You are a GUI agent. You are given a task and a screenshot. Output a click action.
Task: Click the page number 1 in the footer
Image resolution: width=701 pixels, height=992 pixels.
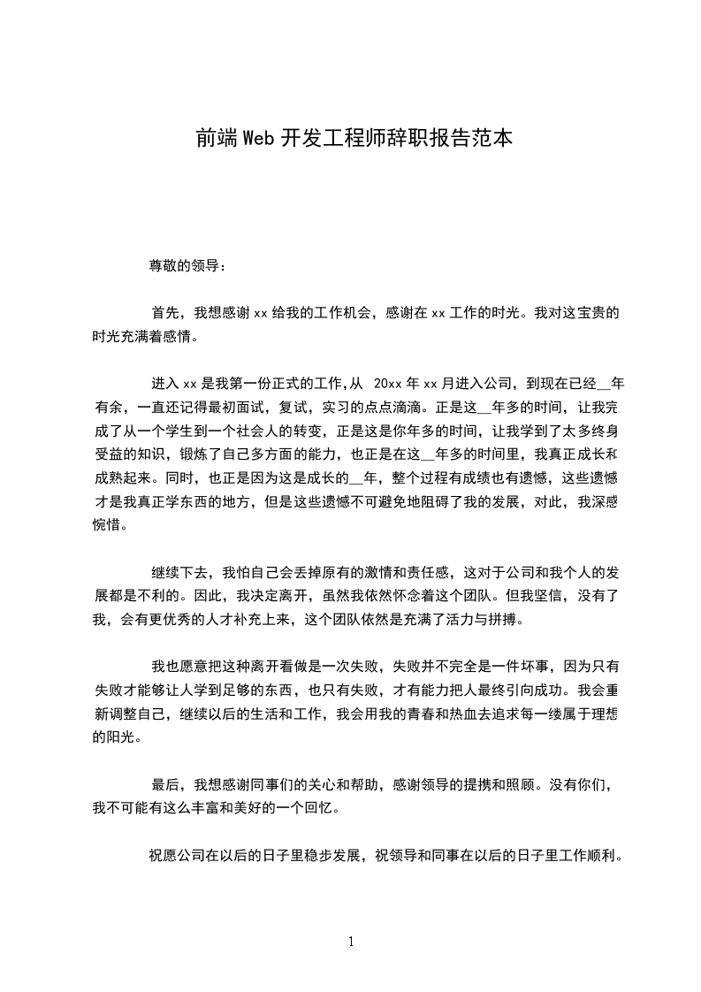coord(351,942)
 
